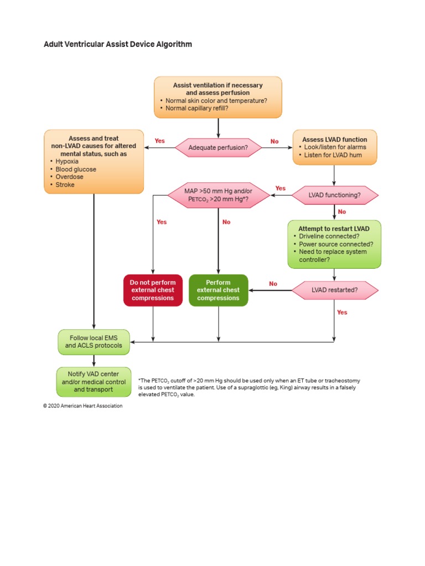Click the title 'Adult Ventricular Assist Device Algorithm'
[x=118, y=44]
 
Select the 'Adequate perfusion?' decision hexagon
[x=218, y=148]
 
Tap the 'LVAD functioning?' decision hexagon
[x=335, y=195]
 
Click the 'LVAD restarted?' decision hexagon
[x=334, y=290]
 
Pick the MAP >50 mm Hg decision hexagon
[x=218, y=195]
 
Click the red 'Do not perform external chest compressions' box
[x=153, y=290]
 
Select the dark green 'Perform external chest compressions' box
[x=219, y=290]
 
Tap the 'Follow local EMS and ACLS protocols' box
[x=94, y=342]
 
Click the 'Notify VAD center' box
[x=94, y=382]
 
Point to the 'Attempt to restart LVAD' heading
[x=334, y=228]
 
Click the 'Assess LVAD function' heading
[x=334, y=139]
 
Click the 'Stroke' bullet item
[x=65, y=185]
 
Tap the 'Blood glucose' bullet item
[x=76, y=169]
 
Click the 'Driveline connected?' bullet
[x=329, y=236]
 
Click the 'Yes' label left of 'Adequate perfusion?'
[x=159, y=141]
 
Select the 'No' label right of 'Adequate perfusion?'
[x=274, y=141]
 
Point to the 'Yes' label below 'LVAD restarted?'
[x=342, y=312]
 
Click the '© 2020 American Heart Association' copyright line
[x=83, y=406]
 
